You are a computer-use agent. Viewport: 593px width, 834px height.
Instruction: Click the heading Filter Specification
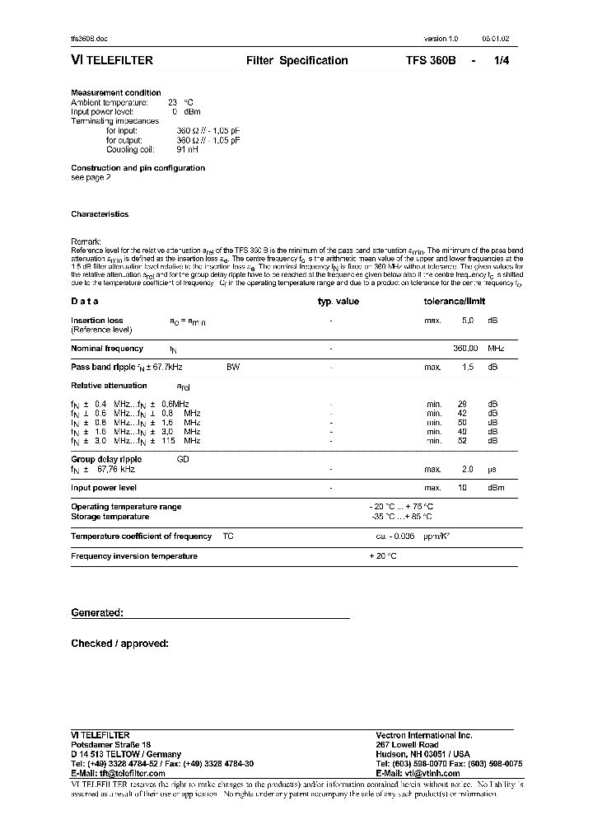pyautogui.click(x=297, y=61)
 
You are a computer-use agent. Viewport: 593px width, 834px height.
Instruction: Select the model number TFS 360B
pyautogui.click(x=430, y=61)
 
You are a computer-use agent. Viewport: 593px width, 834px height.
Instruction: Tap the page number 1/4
pyautogui.click(x=501, y=61)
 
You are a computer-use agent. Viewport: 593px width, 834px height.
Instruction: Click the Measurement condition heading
pyautogui.click(x=116, y=93)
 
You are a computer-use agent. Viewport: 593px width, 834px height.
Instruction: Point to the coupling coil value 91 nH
pyautogui.click(x=187, y=149)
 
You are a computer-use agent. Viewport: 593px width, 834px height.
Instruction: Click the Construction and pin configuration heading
pyautogui.click(x=138, y=168)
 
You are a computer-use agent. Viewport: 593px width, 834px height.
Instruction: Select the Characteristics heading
pyautogui.click(x=100, y=214)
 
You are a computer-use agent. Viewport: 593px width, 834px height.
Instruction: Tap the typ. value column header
pyautogui.click(x=339, y=302)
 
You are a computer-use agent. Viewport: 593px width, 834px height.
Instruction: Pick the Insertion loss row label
pyautogui.click(x=97, y=321)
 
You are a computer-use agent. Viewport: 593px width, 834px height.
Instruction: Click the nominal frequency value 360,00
pyautogui.click(x=466, y=349)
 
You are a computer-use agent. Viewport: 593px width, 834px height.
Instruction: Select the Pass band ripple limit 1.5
pyautogui.click(x=468, y=367)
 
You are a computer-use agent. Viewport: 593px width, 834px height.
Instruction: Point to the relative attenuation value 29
pyautogui.click(x=462, y=404)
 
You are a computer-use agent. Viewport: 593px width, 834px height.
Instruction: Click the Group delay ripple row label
pyautogui.click(x=106, y=459)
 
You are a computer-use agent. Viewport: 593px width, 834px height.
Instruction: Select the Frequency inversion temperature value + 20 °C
pyautogui.click(x=383, y=556)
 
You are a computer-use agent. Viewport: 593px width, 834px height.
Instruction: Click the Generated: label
pyautogui.click(x=97, y=613)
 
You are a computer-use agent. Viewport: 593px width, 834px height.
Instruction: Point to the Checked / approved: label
pyautogui.click(x=119, y=643)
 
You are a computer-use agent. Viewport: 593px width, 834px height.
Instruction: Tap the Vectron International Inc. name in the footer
pyautogui.click(x=423, y=735)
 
